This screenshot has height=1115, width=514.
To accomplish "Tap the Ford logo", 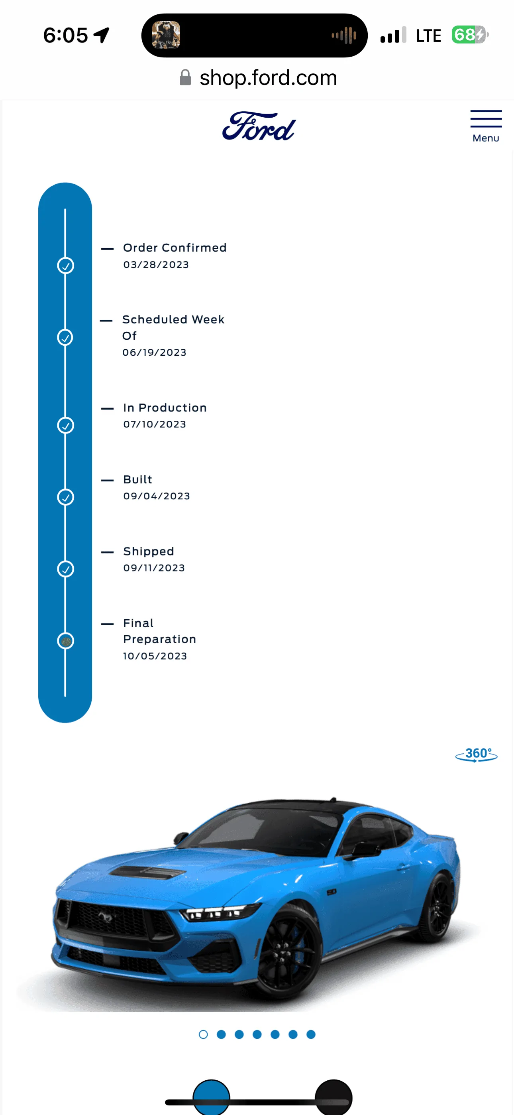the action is click(x=259, y=126).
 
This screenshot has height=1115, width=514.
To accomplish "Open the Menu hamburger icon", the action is click(x=486, y=118).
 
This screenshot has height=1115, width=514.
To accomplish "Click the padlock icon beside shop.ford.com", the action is click(x=185, y=77).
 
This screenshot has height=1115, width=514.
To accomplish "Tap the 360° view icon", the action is click(x=477, y=754).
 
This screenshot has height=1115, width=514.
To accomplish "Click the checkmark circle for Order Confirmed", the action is click(x=66, y=265).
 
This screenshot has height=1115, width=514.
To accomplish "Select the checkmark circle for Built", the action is click(x=66, y=497).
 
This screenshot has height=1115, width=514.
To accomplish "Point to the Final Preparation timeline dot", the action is click(x=66, y=640).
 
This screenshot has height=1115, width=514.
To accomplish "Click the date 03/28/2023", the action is click(x=156, y=264).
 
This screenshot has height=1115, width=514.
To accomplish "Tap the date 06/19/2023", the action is click(x=155, y=353).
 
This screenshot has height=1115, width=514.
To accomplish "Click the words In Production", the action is click(x=165, y=408).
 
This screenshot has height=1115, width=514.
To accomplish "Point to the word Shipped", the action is click(x=148, y=552).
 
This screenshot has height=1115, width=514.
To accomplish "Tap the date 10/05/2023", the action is click(x=155, y=656).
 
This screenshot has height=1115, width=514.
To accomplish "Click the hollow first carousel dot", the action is click(x=203, y=1034).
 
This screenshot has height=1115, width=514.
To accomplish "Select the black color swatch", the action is click(x=334, y=1097).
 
